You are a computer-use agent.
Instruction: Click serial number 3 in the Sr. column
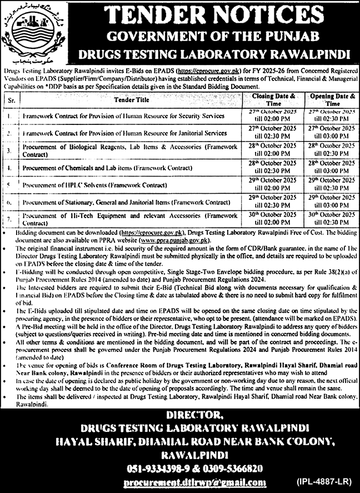point(10,150)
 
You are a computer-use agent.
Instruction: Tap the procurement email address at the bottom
point(195,482)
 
